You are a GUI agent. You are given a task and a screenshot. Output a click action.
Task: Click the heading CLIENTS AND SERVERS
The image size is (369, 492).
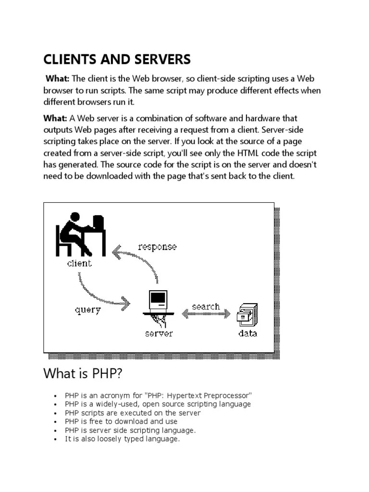click(x=117, y=60)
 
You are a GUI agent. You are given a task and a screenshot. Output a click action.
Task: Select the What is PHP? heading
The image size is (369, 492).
click(x=87, y=373)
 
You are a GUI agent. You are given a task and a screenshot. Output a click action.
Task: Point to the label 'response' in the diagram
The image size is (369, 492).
click(x=157, y=247)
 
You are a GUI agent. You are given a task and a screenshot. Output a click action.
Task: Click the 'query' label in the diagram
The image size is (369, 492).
click(x=88, y=310)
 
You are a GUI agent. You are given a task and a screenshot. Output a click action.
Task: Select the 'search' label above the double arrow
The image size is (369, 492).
click(x=206, y=307)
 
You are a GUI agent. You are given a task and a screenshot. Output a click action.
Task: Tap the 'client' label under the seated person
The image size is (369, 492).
click(x=79, y=263)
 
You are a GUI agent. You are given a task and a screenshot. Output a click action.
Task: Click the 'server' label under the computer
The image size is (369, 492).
click(x=159, y=333)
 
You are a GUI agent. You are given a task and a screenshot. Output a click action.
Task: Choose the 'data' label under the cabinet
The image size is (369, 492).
click(x=247, y=333)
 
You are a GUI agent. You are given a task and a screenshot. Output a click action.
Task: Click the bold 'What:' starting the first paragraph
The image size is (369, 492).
click(x=58, y=79)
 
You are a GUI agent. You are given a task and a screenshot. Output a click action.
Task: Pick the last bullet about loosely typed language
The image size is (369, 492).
click(x=122, y=439)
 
